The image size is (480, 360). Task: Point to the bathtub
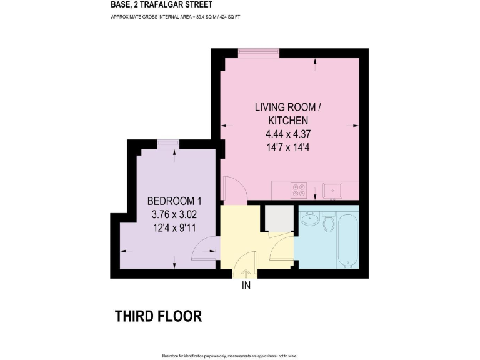point(347,241)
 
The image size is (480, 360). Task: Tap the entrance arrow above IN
point(246,272)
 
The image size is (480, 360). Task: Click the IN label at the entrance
point(246,287)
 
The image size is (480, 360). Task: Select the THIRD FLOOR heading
point(158,316)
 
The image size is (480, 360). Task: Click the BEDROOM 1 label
point(174,201)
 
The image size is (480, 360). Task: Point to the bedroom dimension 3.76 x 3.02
point(174,214)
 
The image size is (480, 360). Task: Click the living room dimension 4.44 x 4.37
point(288,134)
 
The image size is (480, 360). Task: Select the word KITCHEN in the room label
point(288,120)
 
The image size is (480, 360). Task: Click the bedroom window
point(167,144)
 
